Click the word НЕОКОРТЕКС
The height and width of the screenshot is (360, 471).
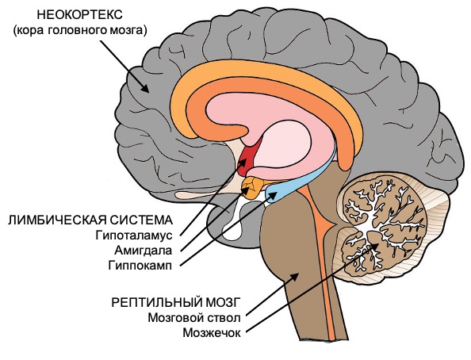pos(79,15)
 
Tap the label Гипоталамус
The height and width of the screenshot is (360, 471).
pos(134,236)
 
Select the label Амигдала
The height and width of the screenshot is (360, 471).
pos(143,251)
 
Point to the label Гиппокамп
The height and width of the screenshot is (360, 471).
pos(140,266)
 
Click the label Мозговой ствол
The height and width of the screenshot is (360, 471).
pos(194,318)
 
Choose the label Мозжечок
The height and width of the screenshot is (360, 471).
pos(212,333)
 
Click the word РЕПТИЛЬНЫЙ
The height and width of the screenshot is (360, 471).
pos(156,302)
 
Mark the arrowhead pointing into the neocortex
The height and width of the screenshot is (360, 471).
pos(145,88)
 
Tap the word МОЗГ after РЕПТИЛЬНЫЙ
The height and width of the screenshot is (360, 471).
pos(223,302)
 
